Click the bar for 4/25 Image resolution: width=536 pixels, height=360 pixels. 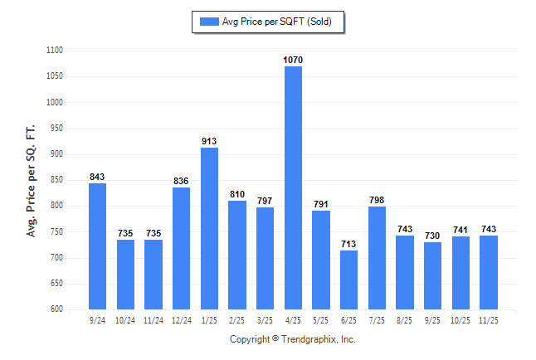point(293,187)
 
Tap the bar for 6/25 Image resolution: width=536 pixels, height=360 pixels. point(348,280)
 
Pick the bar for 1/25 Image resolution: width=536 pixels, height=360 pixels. point(209,228)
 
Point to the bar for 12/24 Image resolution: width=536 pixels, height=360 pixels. point(181,248)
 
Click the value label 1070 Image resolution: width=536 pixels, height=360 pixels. point(293,60)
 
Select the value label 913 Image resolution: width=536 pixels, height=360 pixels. point(209,142)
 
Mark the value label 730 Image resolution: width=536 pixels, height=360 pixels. point(432,236)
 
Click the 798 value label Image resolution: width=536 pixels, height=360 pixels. point(377,201)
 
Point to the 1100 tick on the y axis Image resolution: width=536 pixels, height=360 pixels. point(55,51)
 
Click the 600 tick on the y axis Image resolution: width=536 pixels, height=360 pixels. point(57,309)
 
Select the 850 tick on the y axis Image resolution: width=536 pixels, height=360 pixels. point(57,180)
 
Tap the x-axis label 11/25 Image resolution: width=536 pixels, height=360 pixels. point(488,319)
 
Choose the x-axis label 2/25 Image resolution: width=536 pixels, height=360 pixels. point(237,319)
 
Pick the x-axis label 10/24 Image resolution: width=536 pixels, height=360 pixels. point(125,319)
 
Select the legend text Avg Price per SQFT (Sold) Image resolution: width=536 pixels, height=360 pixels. point(277,22)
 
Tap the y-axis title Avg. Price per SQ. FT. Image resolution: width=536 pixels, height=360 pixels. point(32,180)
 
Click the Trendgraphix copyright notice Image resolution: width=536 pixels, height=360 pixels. point(292,339)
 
